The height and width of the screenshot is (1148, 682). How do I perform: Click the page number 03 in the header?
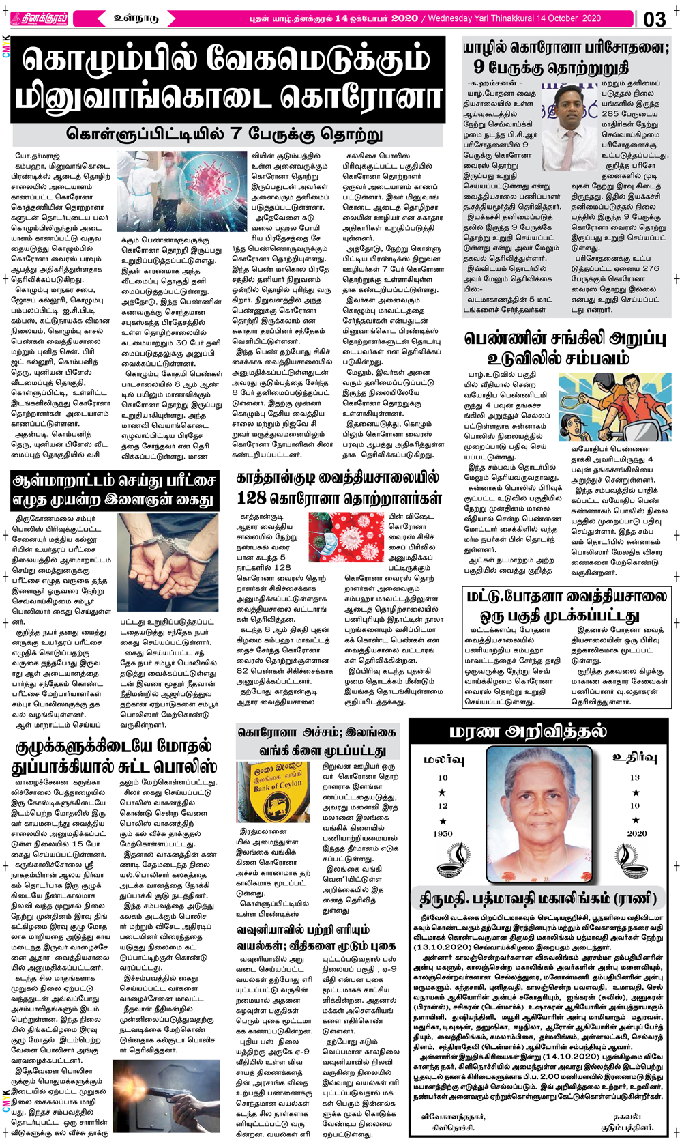(x=654, y=19)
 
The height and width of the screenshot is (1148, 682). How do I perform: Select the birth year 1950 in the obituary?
(x=443, y=833)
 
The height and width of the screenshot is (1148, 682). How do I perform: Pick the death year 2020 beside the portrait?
(x=636, y=833)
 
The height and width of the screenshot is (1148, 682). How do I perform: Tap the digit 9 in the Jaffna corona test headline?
(x=479, y=67)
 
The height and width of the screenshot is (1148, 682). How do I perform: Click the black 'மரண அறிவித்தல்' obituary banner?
(x=528, y=732)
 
